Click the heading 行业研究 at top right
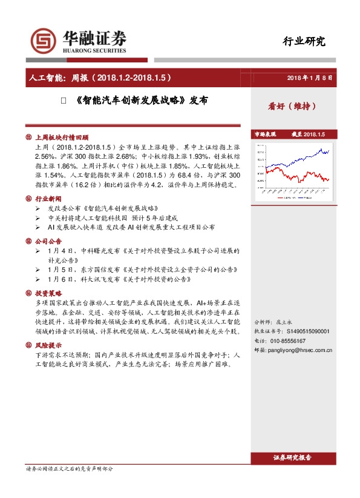click(304, 42)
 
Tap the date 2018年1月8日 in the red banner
click(310, 78)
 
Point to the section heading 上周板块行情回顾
click(62, 138)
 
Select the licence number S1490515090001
click(309, 332)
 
